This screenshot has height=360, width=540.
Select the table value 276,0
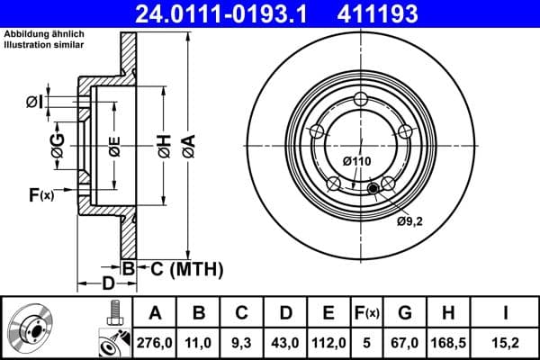click(x=154, y=341)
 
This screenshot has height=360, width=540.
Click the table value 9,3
click(x=241, y=341)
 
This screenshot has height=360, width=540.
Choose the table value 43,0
click(x=284, y=341)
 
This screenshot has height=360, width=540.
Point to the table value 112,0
click(x=328, y=341)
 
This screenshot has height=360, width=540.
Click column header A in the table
click(x=154, y=313)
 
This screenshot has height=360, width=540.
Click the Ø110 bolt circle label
click(x=356, y=161)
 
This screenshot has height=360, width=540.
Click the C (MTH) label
click(x=184, y=267)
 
